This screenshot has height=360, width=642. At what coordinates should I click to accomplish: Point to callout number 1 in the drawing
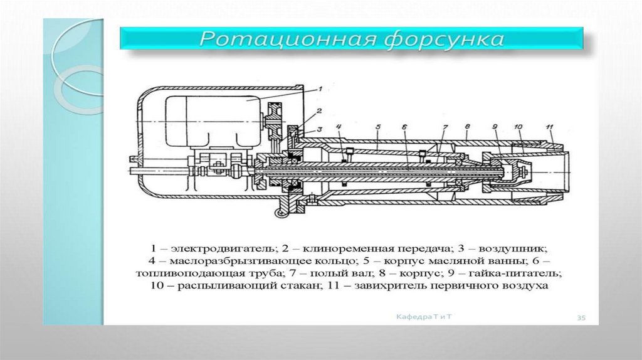tap(319, 88)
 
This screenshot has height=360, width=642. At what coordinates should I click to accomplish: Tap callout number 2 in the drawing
tap(319, 111)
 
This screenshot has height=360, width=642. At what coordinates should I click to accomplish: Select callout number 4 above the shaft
tap(339, 128)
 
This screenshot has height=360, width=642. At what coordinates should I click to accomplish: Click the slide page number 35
tap(581, 319)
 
